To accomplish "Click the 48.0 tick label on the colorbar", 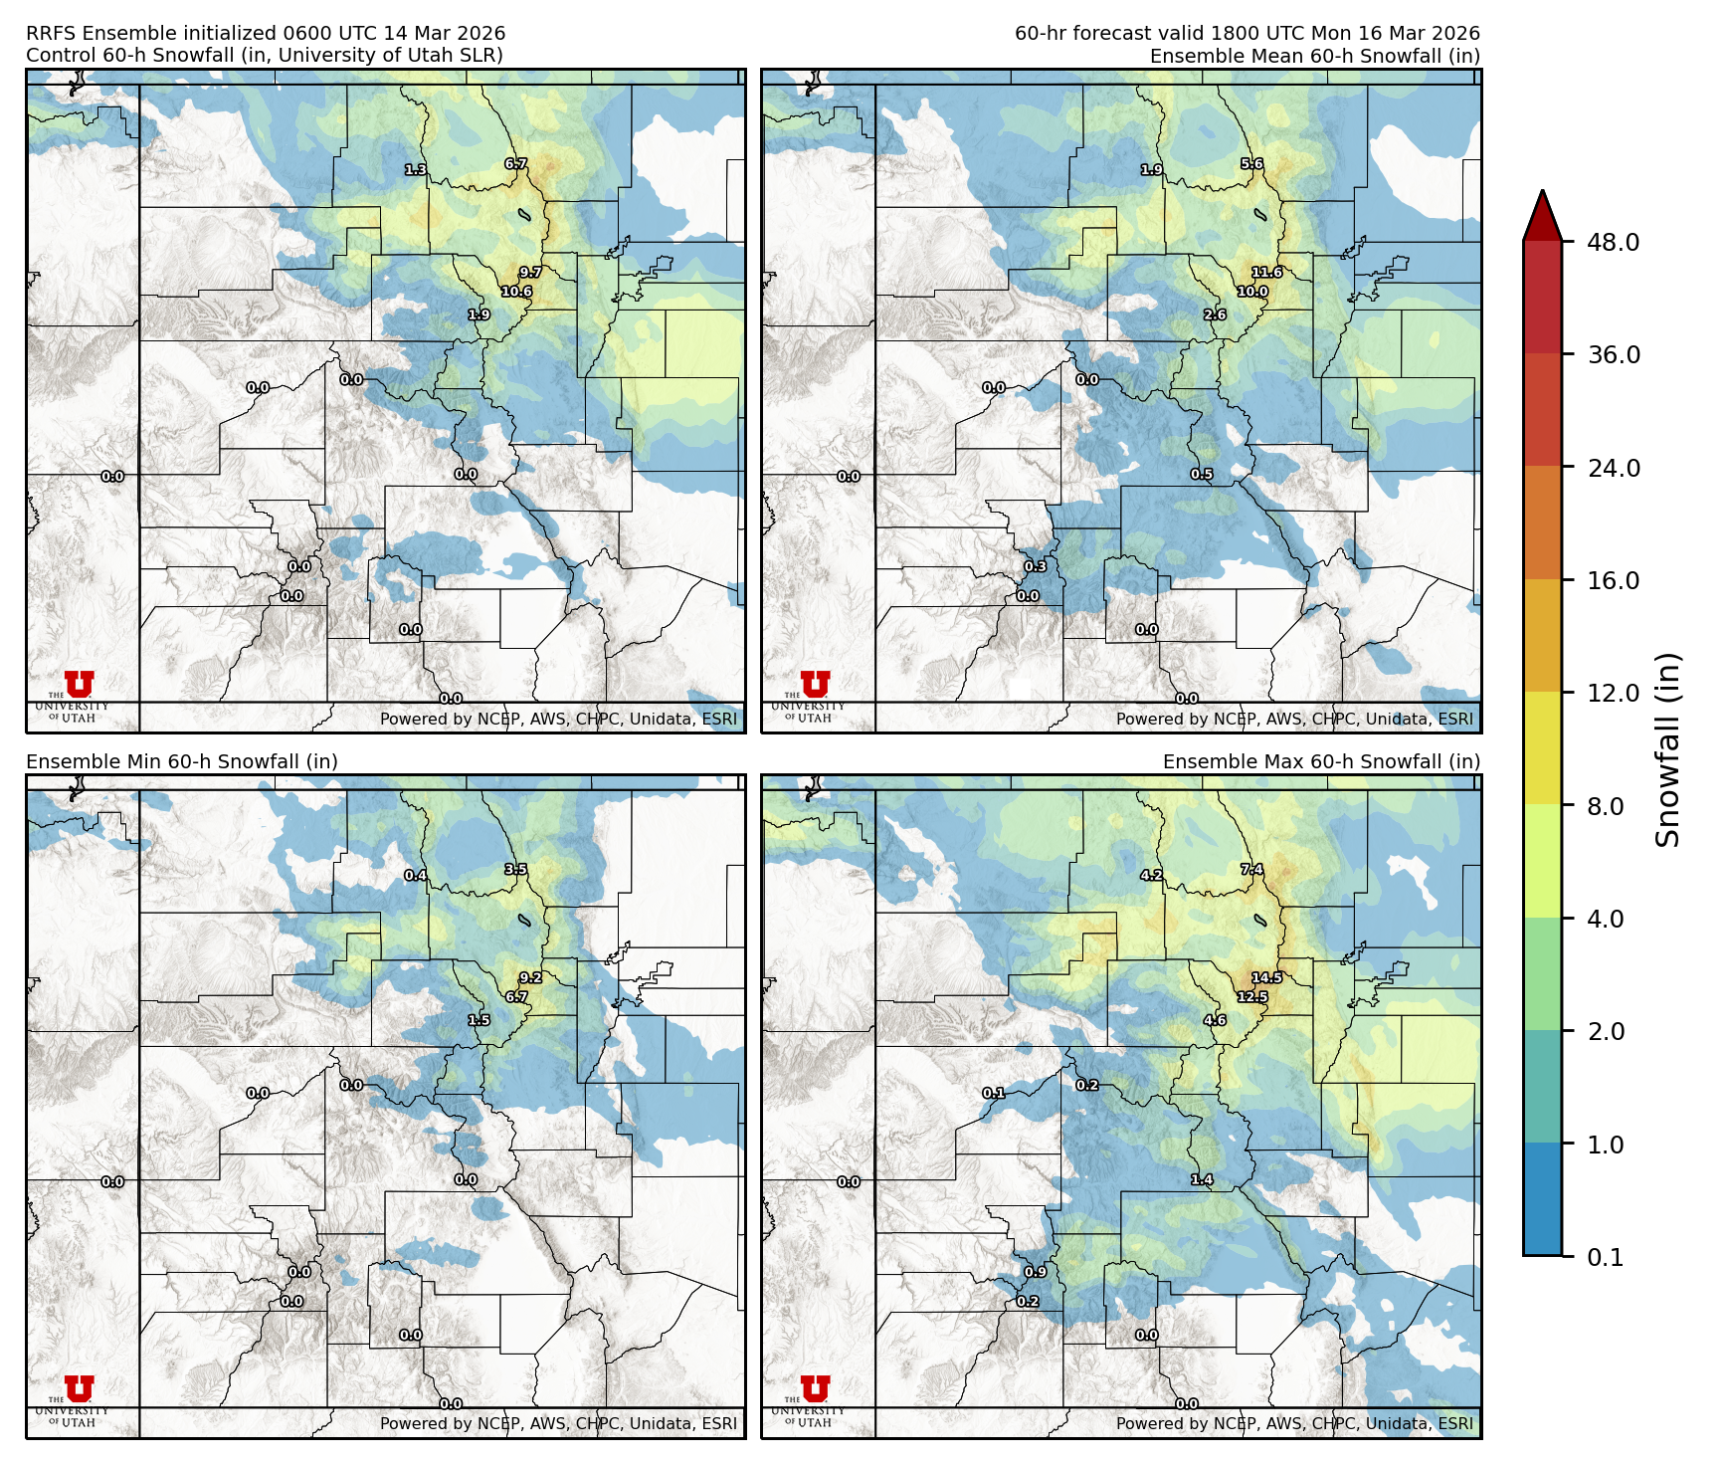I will coord(1613,242).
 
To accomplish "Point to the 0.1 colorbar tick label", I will coord(1606,1257).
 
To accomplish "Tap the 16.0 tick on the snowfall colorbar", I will coord(1613,580).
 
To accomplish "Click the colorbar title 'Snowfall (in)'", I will coord(1668,749).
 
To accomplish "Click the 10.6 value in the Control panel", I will coord(516,292).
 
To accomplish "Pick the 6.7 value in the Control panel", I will coord(515,164).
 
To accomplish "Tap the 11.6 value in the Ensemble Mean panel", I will coord(1266,272).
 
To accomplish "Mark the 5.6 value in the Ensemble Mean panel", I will coord(1251,164).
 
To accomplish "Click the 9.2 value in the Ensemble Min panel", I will coord(530,977).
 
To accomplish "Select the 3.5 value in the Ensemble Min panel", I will coord(515,869).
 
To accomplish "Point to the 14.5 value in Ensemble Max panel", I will coord(1266,977).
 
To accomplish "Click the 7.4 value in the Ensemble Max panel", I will coord(1251,869).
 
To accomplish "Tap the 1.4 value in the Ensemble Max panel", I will coord(1202,1179).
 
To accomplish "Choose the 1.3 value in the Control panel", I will coord(416,170).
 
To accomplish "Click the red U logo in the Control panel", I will coord(79,684).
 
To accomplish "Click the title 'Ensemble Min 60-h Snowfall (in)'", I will coord(182,761).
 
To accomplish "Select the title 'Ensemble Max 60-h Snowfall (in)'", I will coord(1321,761).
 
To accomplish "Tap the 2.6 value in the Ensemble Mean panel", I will coord(1215,314).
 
